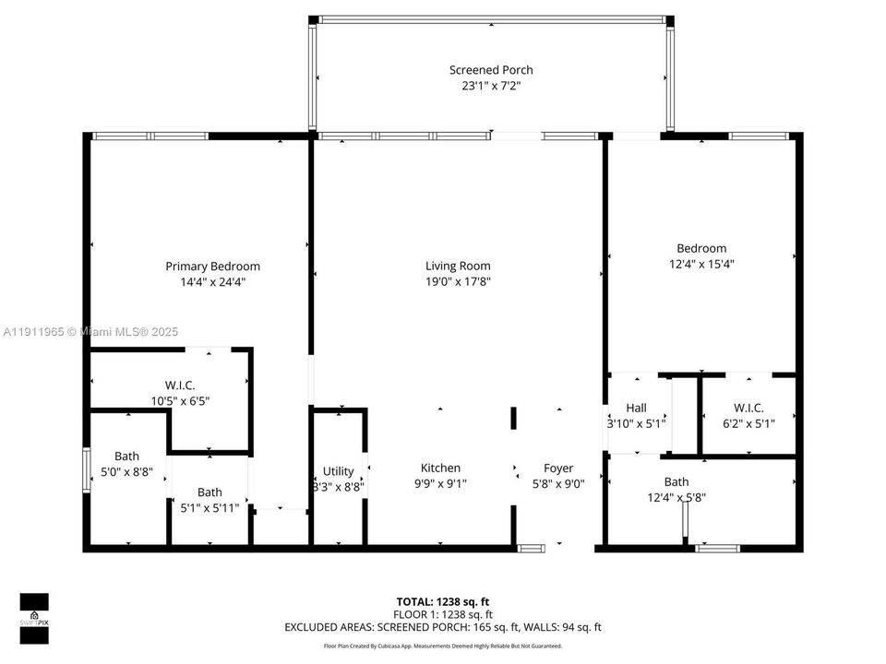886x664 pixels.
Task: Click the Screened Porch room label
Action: (x=491, y=70)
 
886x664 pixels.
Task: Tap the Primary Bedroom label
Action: (x=212, y=267)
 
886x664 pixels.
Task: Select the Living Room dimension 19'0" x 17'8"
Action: (x=451, y=282)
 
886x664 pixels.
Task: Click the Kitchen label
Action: (x=440, y=468)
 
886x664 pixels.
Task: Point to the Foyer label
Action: (x=558, y=468)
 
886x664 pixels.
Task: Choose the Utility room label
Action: (x=338, y=471)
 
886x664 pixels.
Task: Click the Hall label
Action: (x=636, y=408)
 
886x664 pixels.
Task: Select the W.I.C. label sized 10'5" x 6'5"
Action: (x=180, y=385)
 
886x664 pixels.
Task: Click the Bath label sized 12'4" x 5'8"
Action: (x=676, y=481)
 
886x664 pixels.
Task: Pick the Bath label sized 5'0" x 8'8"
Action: (x=127, y=456)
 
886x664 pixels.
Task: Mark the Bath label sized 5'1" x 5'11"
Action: (x=210, y=492)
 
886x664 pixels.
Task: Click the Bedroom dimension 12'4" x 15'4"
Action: (x=701, y=264)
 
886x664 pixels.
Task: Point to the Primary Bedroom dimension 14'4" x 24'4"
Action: (x=212, y=282)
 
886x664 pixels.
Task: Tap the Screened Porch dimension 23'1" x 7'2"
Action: (x=491, y=86)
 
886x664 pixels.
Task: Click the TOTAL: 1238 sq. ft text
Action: (x=443, y=600)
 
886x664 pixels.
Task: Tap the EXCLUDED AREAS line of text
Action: (x=443, y=627)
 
